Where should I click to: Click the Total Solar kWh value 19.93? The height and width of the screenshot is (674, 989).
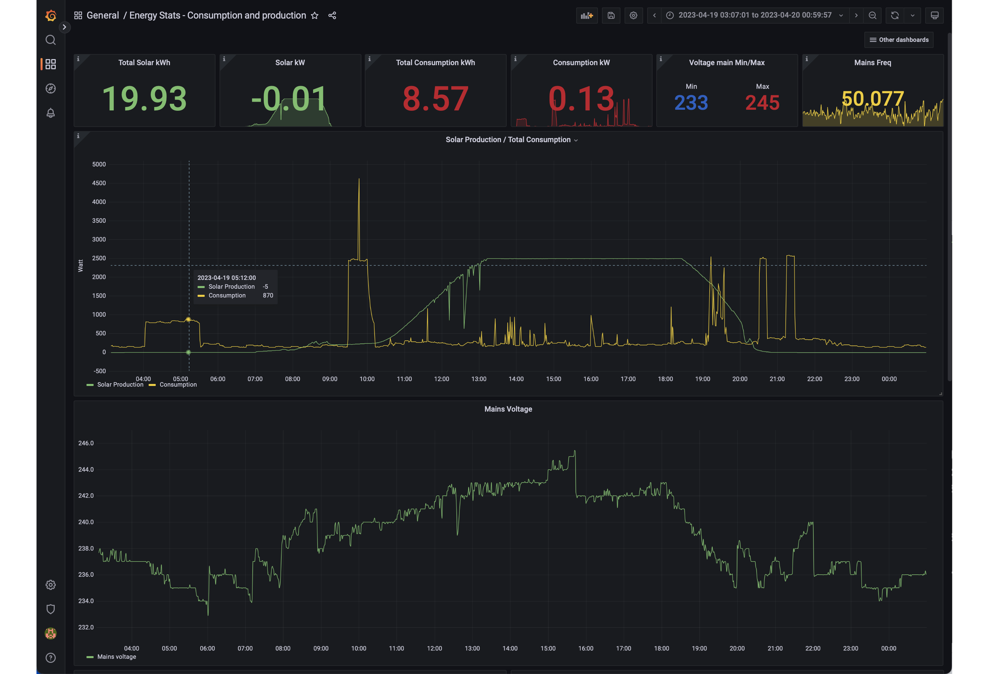(144, 99)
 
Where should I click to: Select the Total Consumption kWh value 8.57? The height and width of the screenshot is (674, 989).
(435, 99)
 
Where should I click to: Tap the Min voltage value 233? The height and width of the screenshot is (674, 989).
(691, 103)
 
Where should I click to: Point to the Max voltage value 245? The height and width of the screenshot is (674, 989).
(762, 103)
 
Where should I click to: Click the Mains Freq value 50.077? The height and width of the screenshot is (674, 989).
(873, 99)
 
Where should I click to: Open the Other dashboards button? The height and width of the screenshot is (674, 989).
(899, 40)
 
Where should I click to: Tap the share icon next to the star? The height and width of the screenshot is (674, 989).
(332, 15)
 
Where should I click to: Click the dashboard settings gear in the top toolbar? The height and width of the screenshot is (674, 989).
(633, 15)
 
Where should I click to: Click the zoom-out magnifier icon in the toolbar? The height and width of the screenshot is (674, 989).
(872, 15)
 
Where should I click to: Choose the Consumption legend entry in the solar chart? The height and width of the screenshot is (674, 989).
(173, 385)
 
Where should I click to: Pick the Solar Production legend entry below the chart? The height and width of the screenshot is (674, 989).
(115, 385)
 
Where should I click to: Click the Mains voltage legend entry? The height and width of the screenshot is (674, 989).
(111, 656)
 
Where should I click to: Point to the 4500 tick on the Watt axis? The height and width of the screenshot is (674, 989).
(99, 183)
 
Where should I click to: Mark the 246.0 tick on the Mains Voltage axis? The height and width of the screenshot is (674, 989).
(86, 443)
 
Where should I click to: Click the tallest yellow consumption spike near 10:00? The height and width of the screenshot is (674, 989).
(359, 179)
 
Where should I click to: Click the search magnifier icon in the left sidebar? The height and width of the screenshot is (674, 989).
(51, 40)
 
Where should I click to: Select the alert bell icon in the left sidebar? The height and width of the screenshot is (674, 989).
(51, 113)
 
